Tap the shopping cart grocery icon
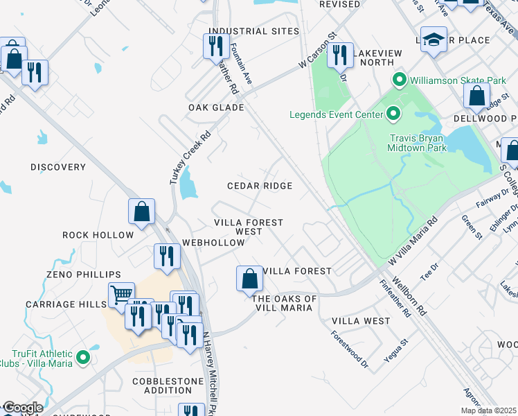[x=120, y=294]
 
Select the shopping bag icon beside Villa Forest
[x=250, y=279]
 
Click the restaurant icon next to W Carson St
[x=339, y=54]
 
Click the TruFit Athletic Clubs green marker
[x=83, y=358]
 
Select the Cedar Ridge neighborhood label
[x=260, y=186]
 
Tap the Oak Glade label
[x=216, y=107]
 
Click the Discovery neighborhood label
[x=58, y=167]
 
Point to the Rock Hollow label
[x=98, y=235]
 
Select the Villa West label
[x=361, y=321]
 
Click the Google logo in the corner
[x=23, y=408]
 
